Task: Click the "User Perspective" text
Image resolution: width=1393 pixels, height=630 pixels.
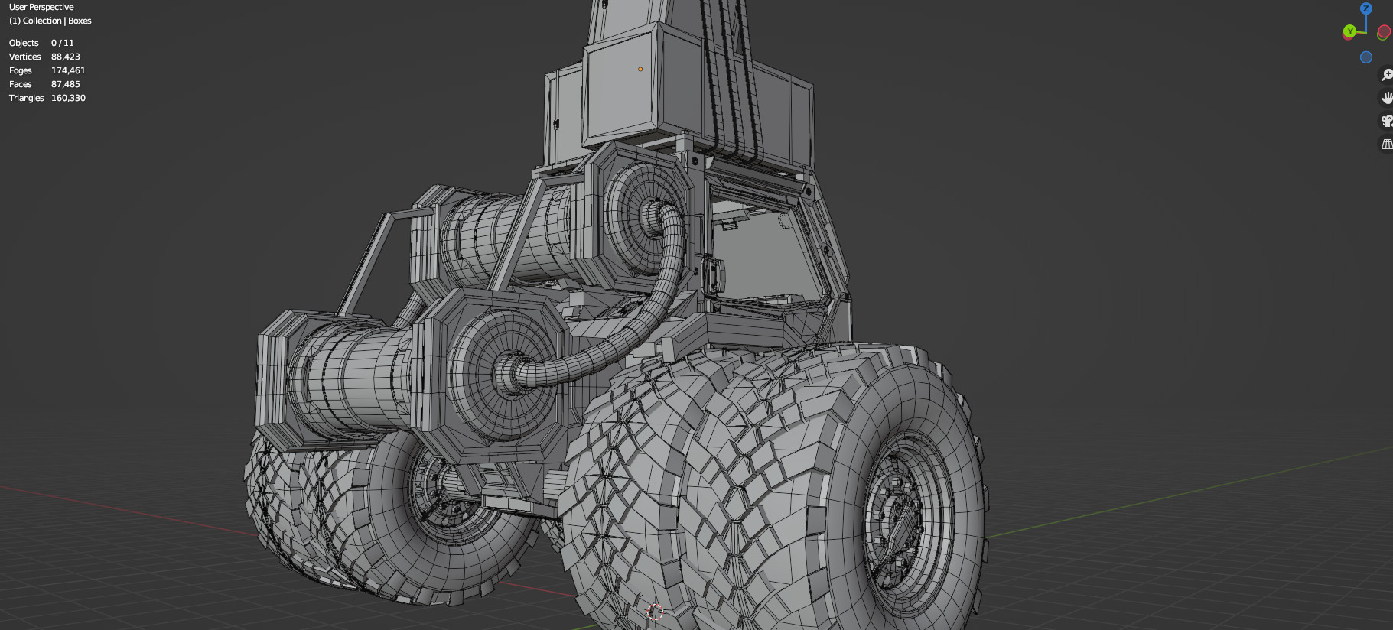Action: [41, 7]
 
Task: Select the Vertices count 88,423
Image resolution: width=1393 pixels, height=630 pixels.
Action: [65, 57]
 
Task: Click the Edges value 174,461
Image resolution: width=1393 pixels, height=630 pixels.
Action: [68, 70]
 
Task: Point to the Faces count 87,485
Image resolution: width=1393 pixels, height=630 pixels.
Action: [65, 84]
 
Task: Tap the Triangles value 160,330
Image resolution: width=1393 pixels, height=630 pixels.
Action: [68, 98]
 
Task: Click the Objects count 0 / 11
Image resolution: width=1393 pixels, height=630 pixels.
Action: [62, 43]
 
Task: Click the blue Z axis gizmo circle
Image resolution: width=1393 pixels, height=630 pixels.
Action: [1365, 8]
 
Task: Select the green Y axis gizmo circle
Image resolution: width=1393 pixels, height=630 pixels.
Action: [1349, 31]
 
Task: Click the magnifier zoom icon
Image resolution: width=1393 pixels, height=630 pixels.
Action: [1386, 75]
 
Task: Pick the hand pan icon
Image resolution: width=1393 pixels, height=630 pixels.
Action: [1386, 98]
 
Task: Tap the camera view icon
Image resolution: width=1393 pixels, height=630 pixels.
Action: [1386, 121]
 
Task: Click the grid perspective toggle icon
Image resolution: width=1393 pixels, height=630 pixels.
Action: [1386, 144]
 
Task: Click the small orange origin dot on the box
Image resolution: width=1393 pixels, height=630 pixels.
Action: [640, 69]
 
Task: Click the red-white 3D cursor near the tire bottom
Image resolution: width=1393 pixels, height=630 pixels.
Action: [655, 612]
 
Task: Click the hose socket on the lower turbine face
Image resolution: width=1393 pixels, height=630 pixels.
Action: [511, 372]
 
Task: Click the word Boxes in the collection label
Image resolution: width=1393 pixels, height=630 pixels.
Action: [80, 21]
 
